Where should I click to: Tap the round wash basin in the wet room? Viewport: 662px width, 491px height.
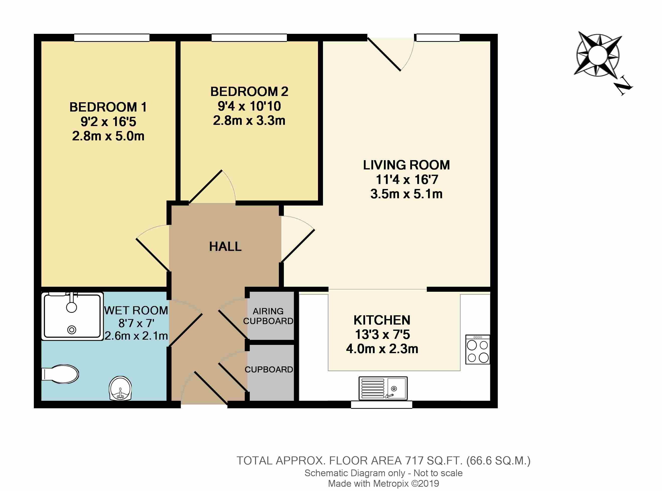120,388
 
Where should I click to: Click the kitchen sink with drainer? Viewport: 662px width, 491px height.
383,388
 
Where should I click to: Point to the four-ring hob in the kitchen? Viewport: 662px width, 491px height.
478,350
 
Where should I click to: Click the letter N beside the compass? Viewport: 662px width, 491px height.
623,86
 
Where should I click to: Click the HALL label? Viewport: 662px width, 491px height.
225,246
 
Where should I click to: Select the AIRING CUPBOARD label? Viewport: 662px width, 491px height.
268,316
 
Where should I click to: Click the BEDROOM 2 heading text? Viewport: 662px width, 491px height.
249,91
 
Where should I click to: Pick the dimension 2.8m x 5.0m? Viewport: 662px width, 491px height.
108,136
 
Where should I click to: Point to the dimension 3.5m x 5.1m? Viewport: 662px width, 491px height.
406,194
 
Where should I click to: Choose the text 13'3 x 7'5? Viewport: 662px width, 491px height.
382,335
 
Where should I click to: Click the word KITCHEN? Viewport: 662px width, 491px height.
382,320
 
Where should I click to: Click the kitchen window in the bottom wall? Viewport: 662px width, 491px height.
382,405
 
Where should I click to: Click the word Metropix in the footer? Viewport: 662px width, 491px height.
391,483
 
